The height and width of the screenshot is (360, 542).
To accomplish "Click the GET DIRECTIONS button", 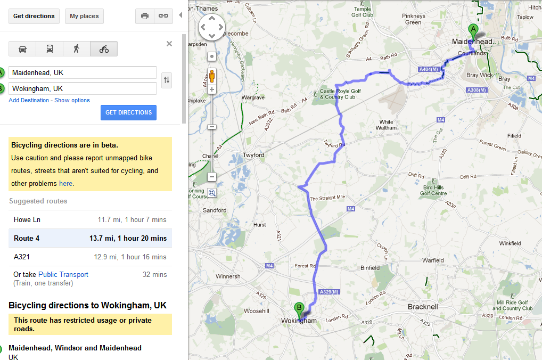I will point(128,112).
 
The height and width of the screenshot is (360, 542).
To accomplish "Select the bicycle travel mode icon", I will point(104,49).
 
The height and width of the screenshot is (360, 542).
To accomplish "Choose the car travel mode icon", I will point(22,49).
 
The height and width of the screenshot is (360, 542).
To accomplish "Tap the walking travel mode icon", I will point(77,49).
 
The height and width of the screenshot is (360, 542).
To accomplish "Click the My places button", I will point(84,16).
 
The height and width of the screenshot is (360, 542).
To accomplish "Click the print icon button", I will point(145,16).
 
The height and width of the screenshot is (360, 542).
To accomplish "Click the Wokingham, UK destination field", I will point(83,88).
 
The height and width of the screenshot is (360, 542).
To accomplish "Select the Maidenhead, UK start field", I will point(83,72).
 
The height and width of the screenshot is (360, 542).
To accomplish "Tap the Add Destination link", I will point(29,100).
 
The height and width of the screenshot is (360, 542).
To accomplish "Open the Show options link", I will point(72,100).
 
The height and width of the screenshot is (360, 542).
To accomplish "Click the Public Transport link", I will point(63,274).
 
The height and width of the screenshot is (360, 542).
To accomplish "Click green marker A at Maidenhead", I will point(472,30).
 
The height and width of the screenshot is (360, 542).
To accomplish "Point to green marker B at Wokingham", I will point(299,307).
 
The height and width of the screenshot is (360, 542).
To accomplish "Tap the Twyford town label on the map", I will point(253,155).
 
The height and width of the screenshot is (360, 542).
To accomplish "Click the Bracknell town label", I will point(422,307).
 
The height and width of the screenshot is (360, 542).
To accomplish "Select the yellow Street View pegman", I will point(212,75).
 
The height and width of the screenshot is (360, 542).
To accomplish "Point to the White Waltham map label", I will point(386,125).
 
